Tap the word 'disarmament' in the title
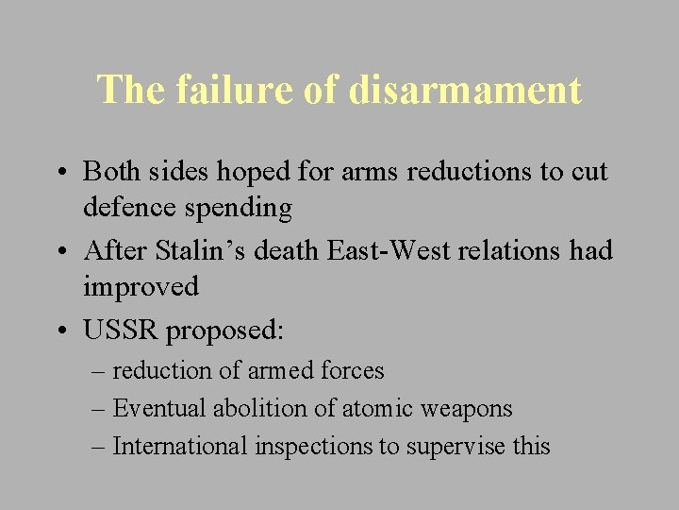pos(465,91)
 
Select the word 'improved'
pos(141,286)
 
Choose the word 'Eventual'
pos(158,408)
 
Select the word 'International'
pos(180,446)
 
